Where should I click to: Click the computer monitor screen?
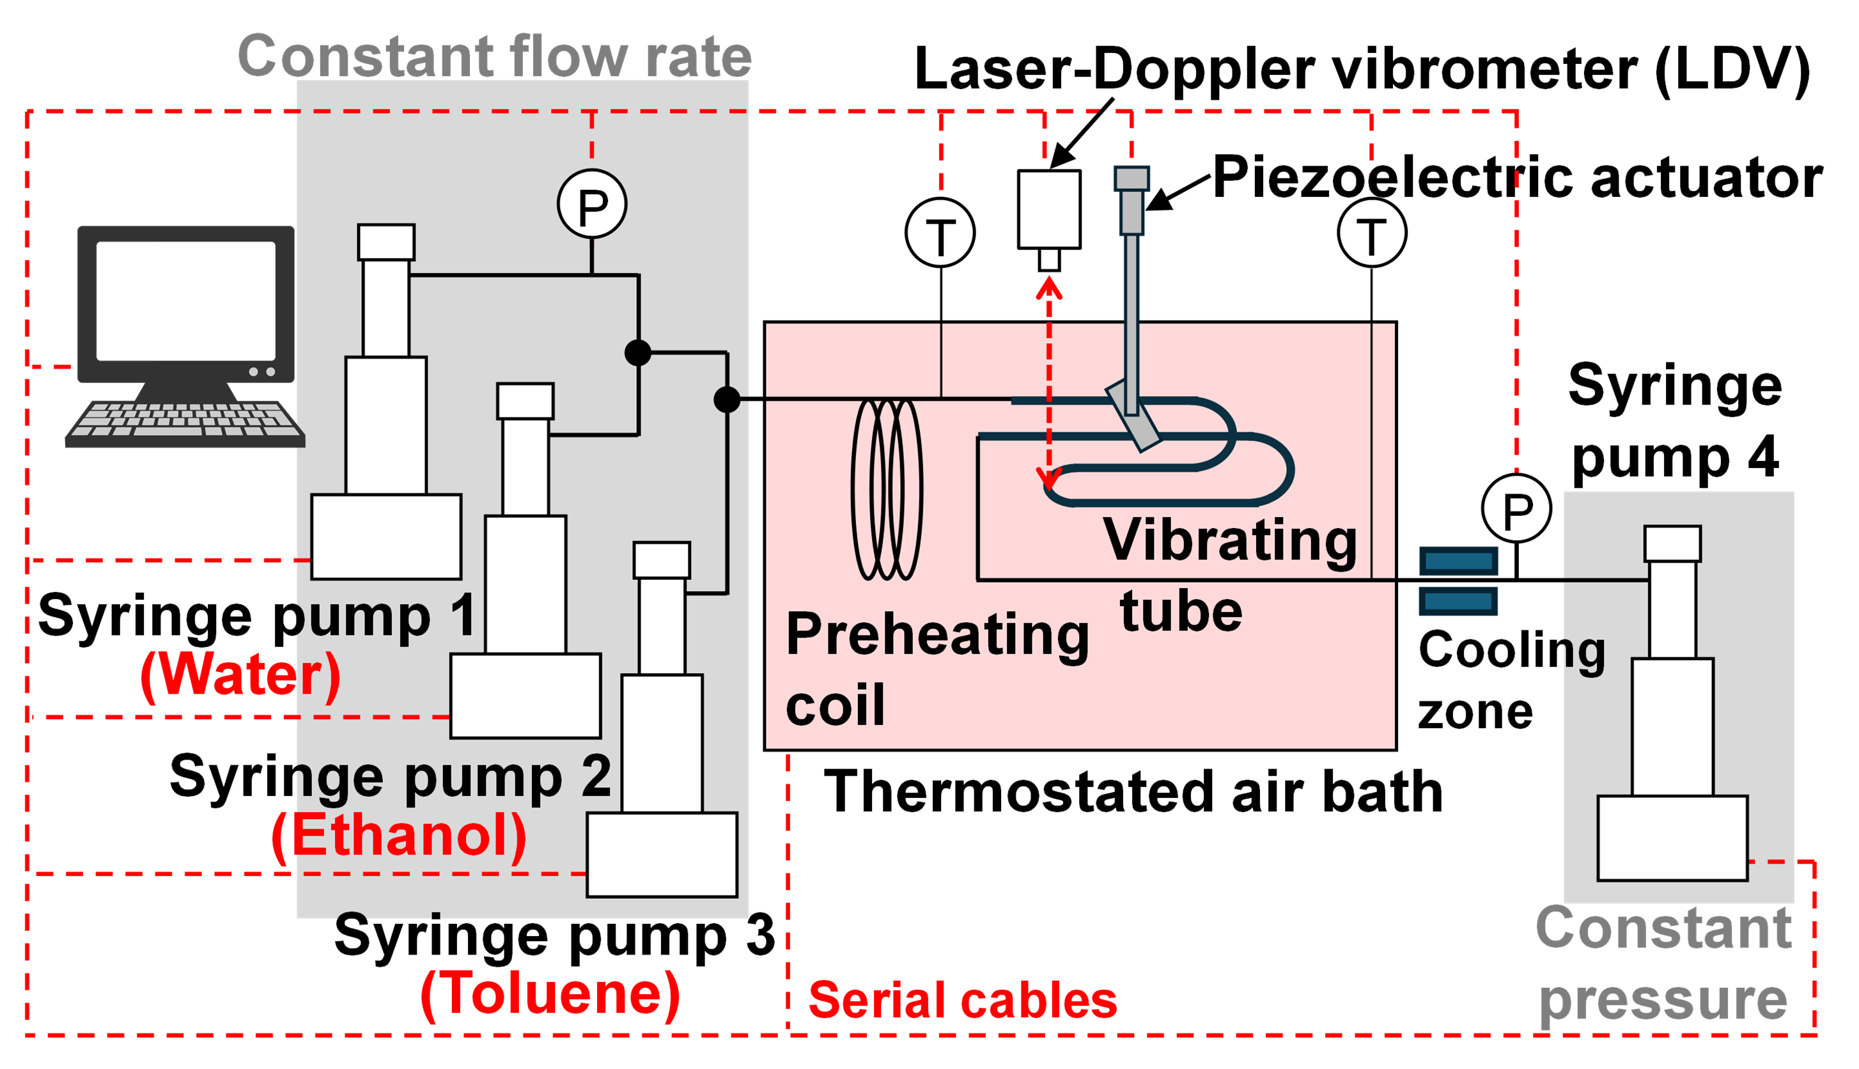tap(187, 300)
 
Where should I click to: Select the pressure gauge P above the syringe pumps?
tap(591, 203)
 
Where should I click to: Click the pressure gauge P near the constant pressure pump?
tap(1516, 508)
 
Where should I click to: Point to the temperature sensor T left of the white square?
tap(940, 233)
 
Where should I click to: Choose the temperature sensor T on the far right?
tap(1372, 233)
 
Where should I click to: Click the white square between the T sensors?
tap(1049, 209)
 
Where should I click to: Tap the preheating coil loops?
tap(887, 490)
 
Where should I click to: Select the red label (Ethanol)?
tap(398, 836)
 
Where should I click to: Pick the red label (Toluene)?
tap(550, 994)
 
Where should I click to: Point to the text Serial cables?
tap(962, 1001)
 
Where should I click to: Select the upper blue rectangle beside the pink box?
tap(1458, 561)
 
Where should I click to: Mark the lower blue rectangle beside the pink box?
tap(1458, 601)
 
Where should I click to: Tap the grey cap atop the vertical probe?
tap(1131, 178)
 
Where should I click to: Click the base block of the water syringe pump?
tap(386, 536)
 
